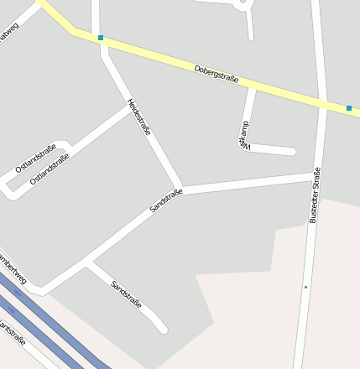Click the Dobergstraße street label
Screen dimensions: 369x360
pyautogui.click(x=216, y=74)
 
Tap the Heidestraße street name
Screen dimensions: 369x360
pyautogui.click(x=138, y=117)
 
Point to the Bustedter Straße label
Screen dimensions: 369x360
pyautogui.click(x=315, y=195)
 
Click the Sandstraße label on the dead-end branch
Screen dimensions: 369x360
pyautogui.click(x=126, y=294)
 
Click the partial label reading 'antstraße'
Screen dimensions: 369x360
pyautogui.click(x=12, y=332)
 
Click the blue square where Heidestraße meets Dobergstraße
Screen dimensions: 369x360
pyautogui.click(x=101, y=38)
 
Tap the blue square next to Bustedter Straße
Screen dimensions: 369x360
pyautogui.click(x=349, y=107)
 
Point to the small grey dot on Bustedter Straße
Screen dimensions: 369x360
pyautogui.click(x=306, y=287)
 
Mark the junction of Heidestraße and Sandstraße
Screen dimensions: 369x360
pyautogui.click(x=180, y=190)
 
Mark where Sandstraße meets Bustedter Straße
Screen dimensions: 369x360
pyautogui.click(x=317, y=176)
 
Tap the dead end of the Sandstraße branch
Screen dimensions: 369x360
pyautogui.click(x=164, y=330)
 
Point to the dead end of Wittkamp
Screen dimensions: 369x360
pyautogui.click(x=292, y=152)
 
